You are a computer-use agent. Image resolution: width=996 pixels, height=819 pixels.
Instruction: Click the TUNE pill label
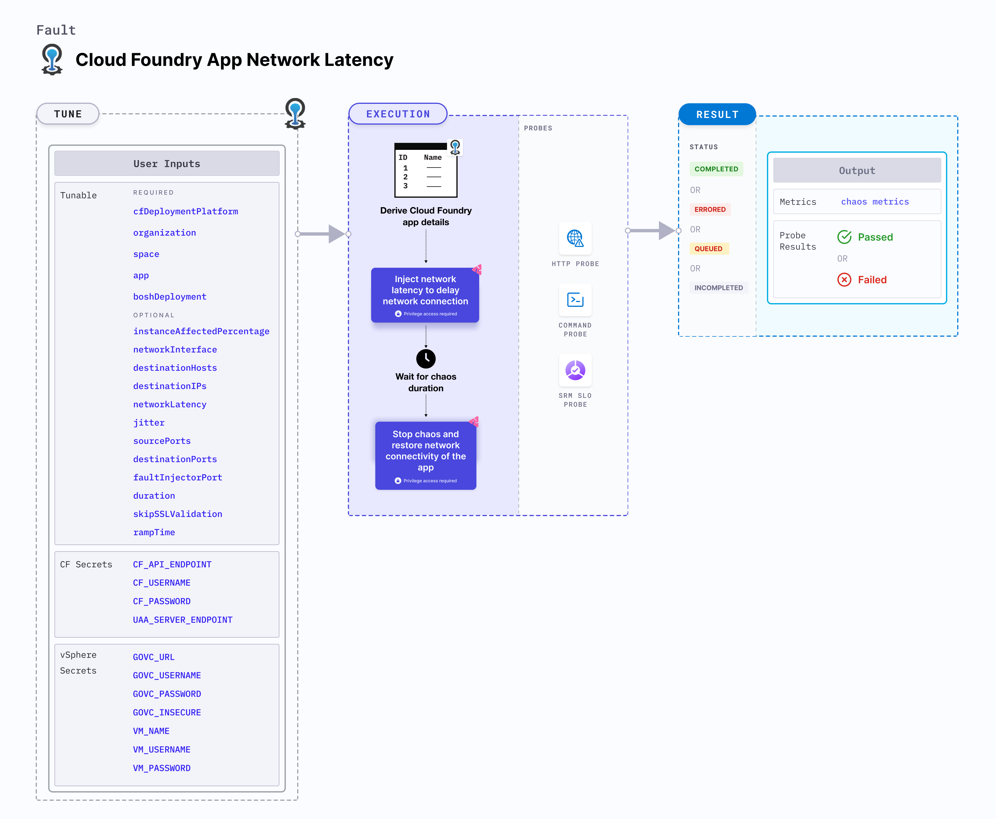pyautogui.click(x=68, y=114)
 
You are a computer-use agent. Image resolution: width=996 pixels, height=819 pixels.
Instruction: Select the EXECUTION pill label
pyautogui.click(x=398, y=114)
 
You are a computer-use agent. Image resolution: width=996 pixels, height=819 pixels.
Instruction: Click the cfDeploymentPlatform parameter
pyautogui.click(x=185, y=211)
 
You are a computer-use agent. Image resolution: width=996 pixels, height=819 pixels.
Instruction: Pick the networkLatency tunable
pyautogui.click(x=170, y=404)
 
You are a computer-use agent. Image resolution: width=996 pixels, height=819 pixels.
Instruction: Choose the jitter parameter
pyautogui.click(x=149, y=423)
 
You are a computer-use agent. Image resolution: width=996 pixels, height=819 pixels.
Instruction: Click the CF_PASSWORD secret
pyautogui.click(x=161, y=601)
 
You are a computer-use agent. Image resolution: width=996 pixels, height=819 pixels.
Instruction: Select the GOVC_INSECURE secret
pyautogui.click(x=166, y=712)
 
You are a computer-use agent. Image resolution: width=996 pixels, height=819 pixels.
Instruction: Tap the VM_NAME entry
pyautogui.click(x=151, y=731)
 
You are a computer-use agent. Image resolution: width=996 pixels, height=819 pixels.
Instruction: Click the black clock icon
pyautogui.click(x=426, y=359)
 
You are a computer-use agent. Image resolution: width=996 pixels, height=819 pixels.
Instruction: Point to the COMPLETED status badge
pyautogui.click(x=716, y=169)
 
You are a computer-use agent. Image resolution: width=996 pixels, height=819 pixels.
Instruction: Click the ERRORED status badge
pyautogui.click(x=710, y=210)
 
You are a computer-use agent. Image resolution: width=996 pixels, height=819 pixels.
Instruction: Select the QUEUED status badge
pyautogui.click(x=708, y=249)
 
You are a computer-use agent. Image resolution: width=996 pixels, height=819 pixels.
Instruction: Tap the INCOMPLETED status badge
pyautogui.click(x=718, y=288)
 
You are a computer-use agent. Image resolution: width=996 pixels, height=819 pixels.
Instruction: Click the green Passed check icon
pyautogui.click(x=844, y=237)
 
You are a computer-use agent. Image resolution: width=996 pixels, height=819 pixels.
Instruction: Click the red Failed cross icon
pyautogui.click(x=844, y=280)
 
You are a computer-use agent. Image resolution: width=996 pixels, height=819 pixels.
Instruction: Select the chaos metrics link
pyautogui.click(x=875, y=202)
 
